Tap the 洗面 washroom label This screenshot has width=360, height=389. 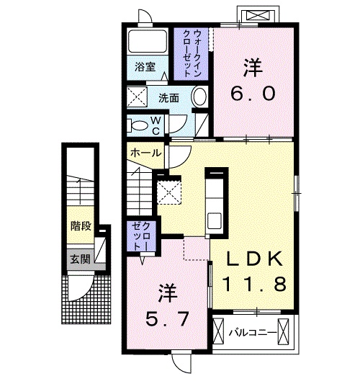pyautogui.click(x=169, y=97)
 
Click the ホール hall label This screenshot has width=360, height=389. pyautogui.click(x=145, y=153)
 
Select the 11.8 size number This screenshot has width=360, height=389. pyautogui.click(x=255, y=283)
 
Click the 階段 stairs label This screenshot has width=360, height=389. pyautogui.click(x=81, y=226)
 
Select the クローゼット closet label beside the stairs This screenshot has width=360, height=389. pyautogui.click(x=138, y=236)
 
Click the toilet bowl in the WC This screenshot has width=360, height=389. pyautogui.click(x=137, y=125)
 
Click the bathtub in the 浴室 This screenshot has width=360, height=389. pyautogui.click(x=148, y=41)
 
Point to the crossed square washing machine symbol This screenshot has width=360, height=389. pyautogui.click(x=136, y=97)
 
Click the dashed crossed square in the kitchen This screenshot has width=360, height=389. pyautogui.click(x=170, y=192)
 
